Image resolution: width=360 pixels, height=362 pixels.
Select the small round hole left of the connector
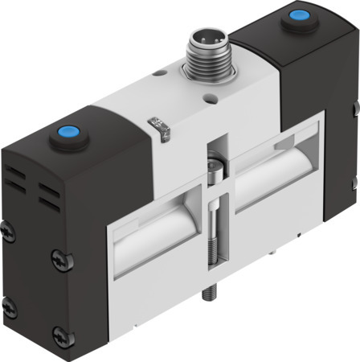click(163, 75)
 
